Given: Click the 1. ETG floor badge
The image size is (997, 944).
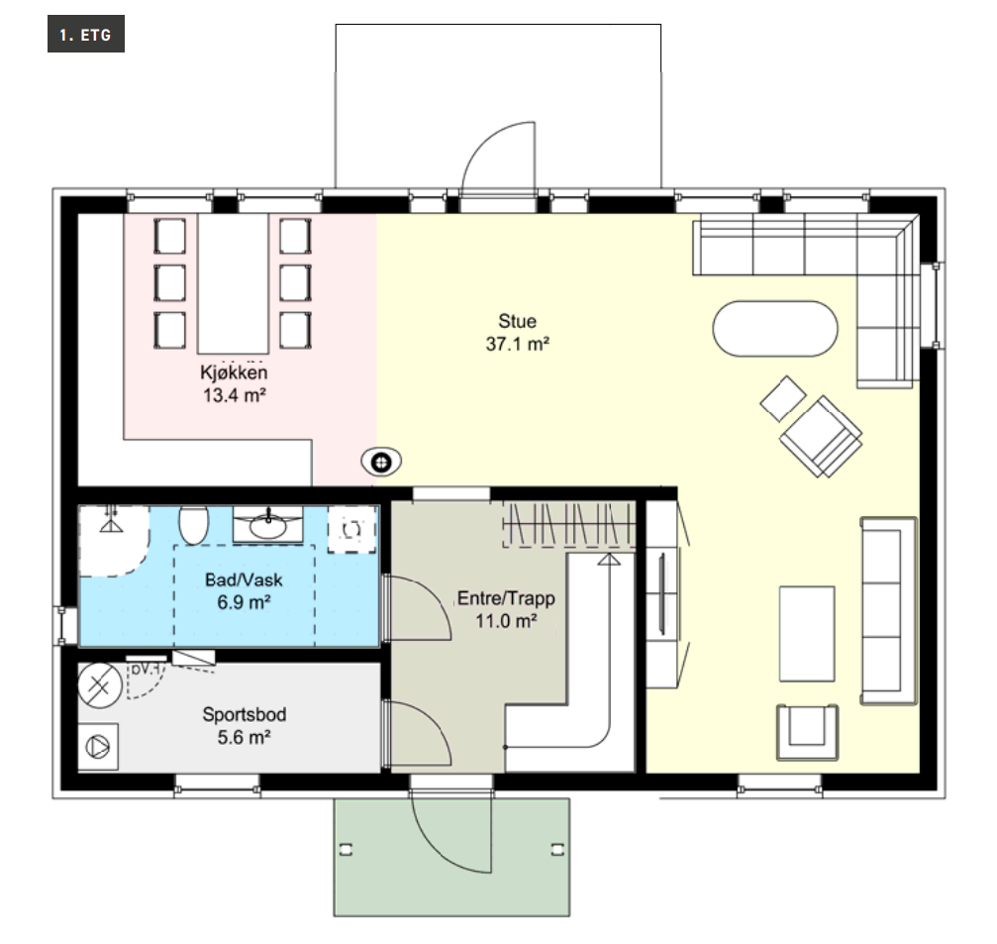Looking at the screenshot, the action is pos(86,34).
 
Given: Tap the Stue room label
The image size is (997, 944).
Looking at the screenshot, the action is pos(517,321).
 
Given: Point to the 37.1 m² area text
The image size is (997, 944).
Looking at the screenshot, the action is pos(518,344).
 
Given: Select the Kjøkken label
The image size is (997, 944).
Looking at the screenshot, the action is pos(234,372).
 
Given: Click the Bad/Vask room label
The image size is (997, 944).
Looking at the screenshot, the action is pos(244,579).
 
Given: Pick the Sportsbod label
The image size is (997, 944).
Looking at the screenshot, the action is pos(245,714).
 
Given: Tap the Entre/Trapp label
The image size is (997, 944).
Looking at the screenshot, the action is pos(506,598).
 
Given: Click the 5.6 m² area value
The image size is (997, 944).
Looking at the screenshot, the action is pos(245,737).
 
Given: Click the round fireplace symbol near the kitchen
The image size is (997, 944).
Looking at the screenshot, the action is pos(381,462).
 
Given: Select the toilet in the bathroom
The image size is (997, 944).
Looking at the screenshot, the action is pos(194,524).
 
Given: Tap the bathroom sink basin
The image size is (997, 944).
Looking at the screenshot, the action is pos(267,525).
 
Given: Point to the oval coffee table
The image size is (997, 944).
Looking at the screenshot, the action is pos(775,329).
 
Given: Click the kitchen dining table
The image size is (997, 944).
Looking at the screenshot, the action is pos(233,283).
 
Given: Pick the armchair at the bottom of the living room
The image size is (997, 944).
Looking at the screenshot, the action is pos(807,732).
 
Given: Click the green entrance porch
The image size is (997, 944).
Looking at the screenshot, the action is pos(451,857).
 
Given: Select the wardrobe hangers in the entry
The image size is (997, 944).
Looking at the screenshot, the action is pos(569,525).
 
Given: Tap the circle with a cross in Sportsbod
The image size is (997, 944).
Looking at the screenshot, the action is pos(100,685).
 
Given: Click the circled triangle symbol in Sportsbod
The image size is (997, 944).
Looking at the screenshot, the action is pos(98,746).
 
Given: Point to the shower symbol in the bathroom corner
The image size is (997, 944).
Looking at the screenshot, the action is pos(112,520).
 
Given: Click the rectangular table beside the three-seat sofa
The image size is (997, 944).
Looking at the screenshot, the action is pos(807,634).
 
